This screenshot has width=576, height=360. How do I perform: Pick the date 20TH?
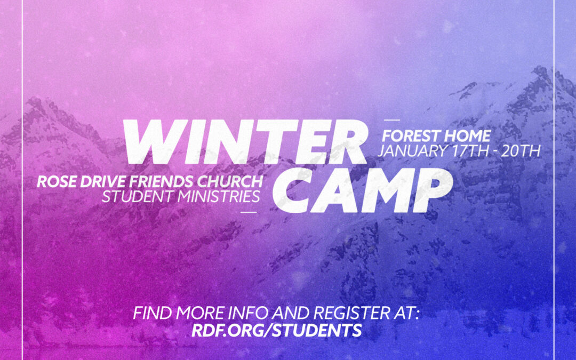click(x=521, y=151)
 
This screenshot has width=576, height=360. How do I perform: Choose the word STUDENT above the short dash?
click(x=138, y=196)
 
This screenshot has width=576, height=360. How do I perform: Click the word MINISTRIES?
click(x=219, y=196)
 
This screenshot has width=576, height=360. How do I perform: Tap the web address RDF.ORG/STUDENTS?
click(x=277, y=330)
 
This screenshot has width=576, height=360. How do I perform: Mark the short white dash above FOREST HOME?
click(x=391, y=120)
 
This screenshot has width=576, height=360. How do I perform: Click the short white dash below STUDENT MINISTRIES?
click(x=249, y=212)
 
